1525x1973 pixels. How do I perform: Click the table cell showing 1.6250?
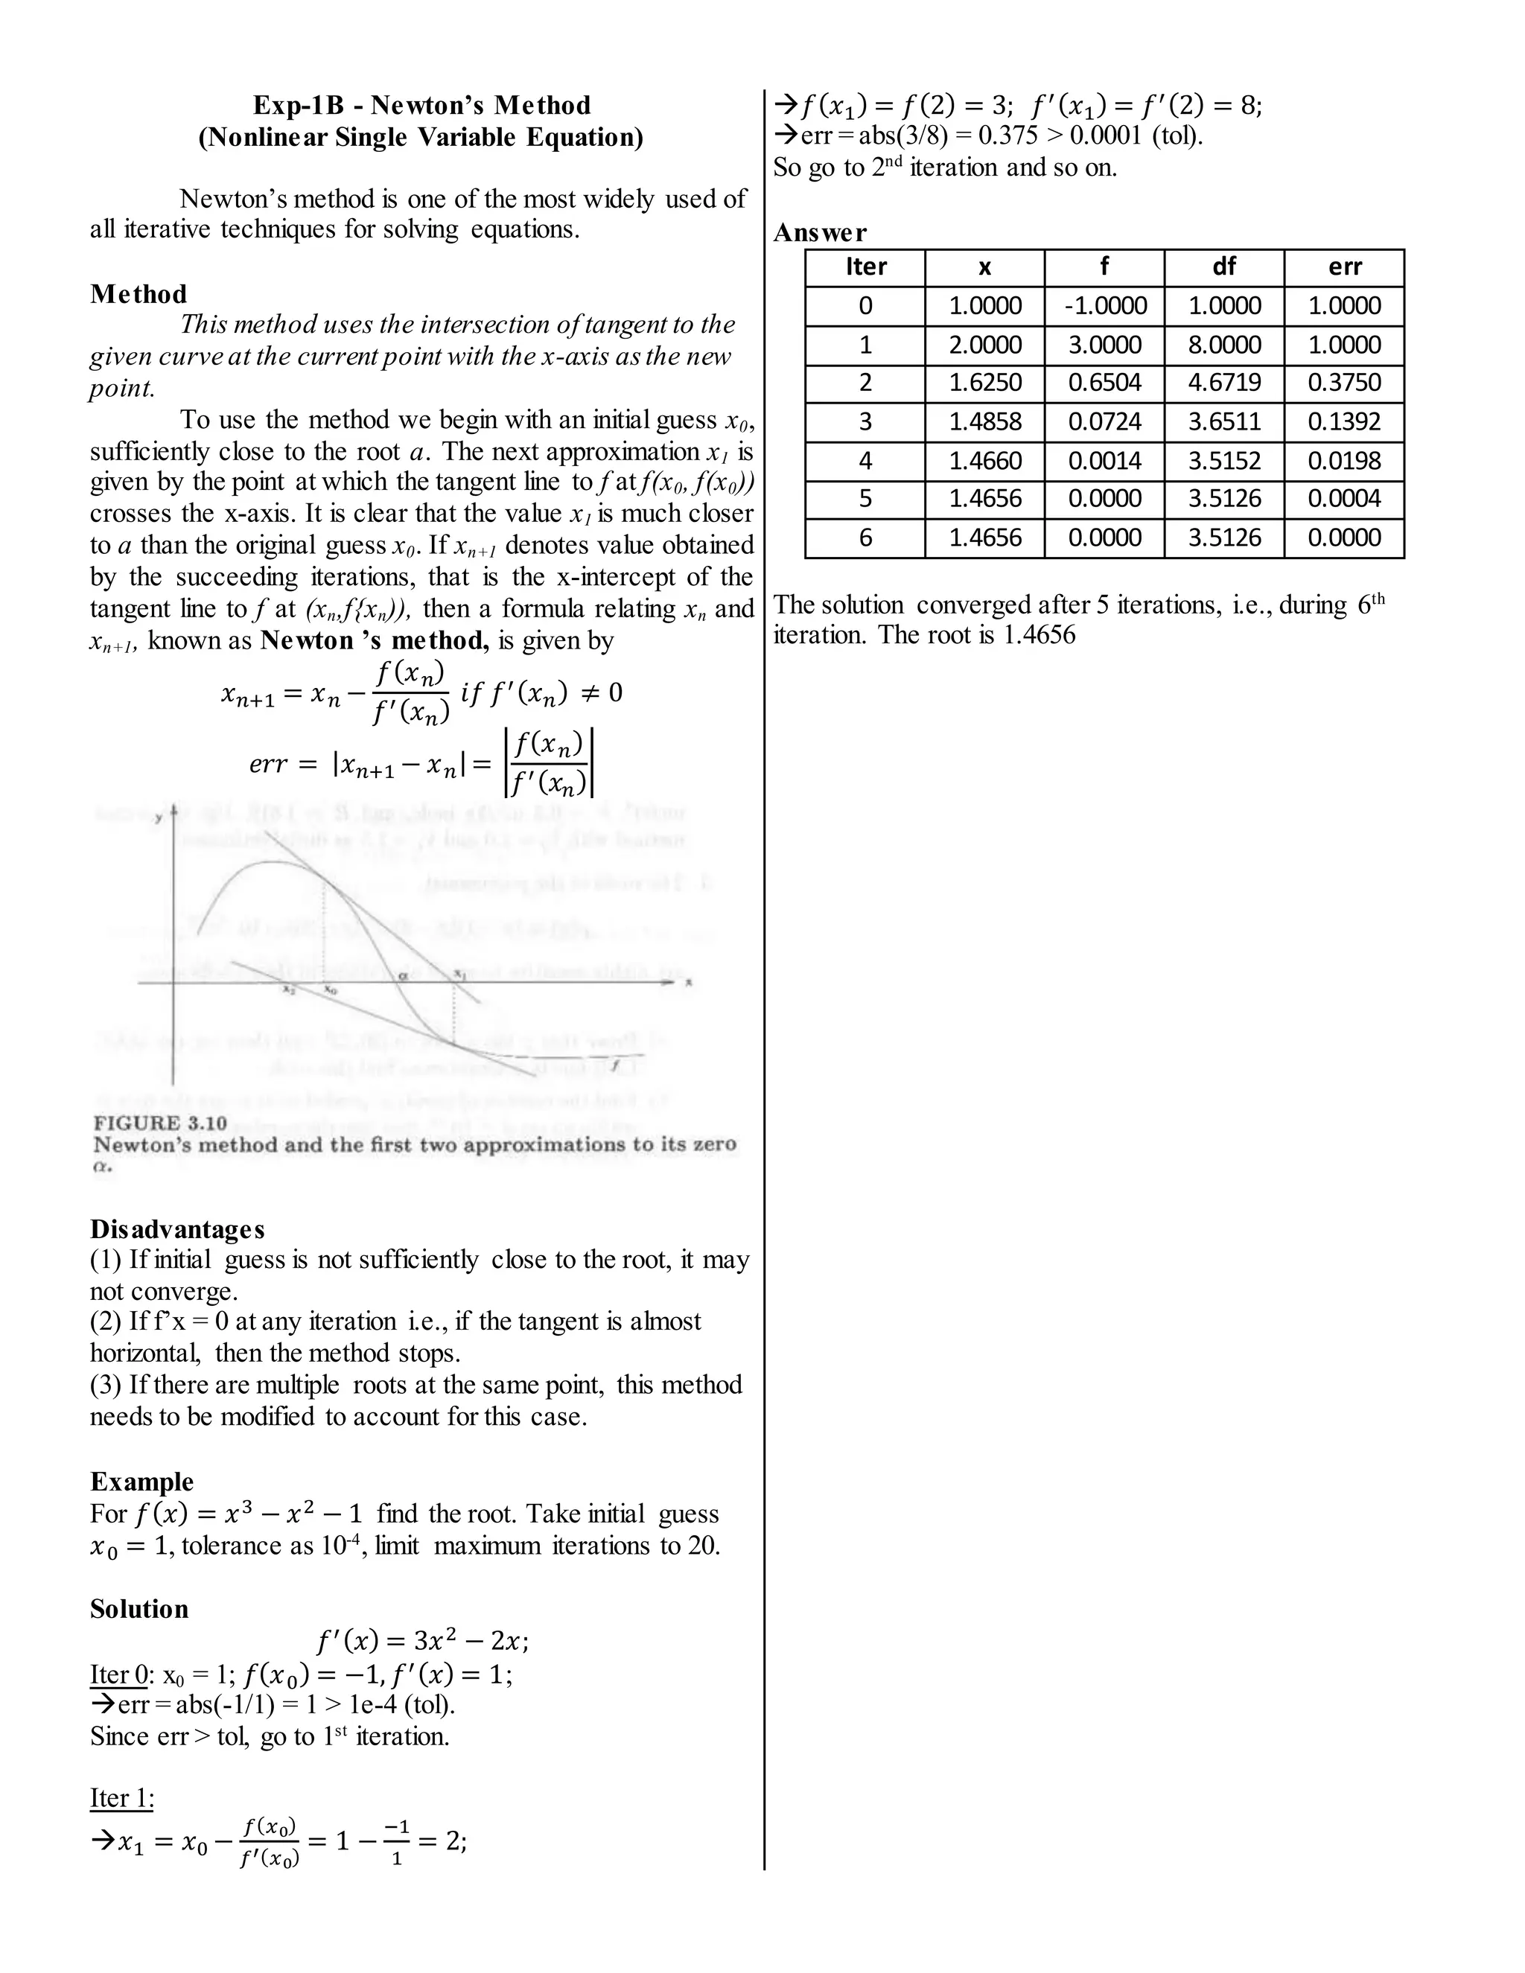[984, 383]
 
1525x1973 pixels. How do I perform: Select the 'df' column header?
[1223, 267]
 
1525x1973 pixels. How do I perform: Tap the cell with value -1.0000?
[1104, 306]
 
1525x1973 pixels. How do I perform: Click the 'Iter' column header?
[865, 267]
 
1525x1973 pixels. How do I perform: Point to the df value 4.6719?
[1223, 383]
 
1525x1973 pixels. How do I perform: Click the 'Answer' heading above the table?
[819, 233]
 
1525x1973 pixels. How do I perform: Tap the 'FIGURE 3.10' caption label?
[160, 1123]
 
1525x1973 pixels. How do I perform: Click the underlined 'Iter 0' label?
[118, 1675]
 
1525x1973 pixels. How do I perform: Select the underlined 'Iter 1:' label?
[122, 1798]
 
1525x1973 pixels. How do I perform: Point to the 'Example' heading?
[141, 1482]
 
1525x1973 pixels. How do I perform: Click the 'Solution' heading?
[139, 1609]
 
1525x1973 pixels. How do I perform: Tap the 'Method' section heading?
[139, 295]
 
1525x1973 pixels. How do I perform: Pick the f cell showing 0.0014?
[1104, 461]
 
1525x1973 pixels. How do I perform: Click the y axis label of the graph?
[159, 817]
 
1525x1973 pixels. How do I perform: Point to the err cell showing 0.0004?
[1343, 499]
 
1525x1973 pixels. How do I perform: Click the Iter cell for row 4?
[865, 461]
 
